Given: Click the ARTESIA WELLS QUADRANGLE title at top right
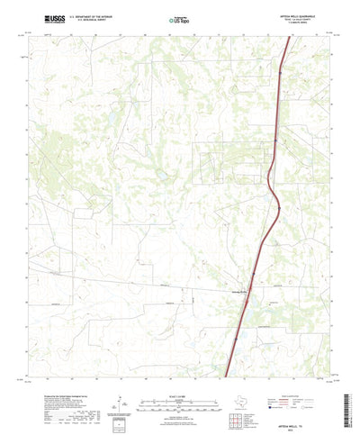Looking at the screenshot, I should pyautogui.click(x=306, y=14).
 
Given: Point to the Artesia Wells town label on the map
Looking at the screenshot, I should pyautogui.click(x=235, y=303).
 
